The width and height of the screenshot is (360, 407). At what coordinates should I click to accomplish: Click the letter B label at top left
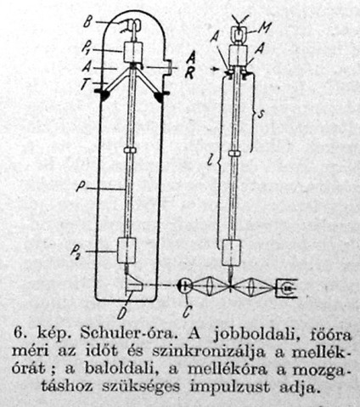click(x=88, y=22)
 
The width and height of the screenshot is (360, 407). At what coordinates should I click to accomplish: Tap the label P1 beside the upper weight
click(x=87, y=48)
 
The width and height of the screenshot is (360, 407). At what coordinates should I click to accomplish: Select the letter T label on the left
click(x=85, y=84)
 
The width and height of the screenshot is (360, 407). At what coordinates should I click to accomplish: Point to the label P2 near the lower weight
click(x=76, y=253)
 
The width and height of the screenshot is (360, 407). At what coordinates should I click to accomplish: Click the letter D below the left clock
click(x=121, y=314)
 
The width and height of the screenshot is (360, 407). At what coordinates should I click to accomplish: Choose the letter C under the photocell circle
click(x=187, y=311)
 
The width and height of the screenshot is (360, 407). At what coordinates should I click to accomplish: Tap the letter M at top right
click(x=265, y=27)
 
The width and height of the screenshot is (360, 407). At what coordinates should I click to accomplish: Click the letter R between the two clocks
click(x=189, y=73)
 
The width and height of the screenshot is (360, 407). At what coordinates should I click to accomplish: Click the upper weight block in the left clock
click(x=133, y=53)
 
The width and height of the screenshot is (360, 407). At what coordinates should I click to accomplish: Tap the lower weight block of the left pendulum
click(x=127, y=251)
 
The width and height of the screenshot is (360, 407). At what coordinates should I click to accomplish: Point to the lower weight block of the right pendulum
click(x=231, y=252)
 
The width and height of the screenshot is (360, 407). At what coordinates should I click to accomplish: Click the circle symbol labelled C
click(x=185, y=286)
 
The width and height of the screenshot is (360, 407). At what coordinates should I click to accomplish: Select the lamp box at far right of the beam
click(x=286, y=288)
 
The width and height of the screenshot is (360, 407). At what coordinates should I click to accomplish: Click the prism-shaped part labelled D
click(x=134, y=284)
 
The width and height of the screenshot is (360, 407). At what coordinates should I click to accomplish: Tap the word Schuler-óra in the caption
click(x=127, y=334)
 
